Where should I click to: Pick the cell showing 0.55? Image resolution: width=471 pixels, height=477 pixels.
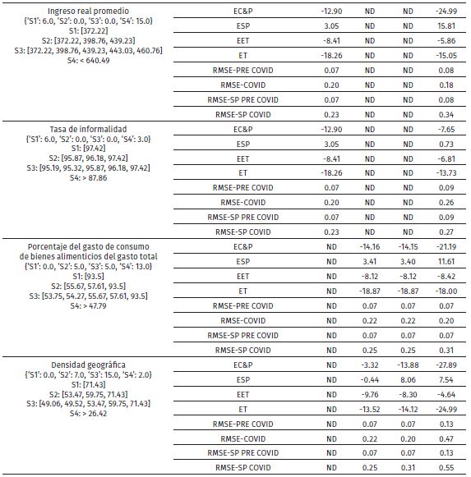(446, 467)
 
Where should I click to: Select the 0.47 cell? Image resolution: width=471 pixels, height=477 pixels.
(446, 438)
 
